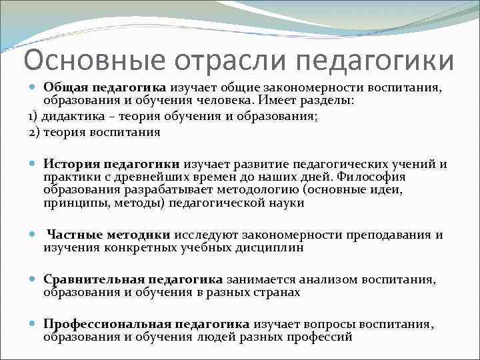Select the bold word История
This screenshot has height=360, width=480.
click(72, 163)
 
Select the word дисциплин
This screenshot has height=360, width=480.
click(269, 248)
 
